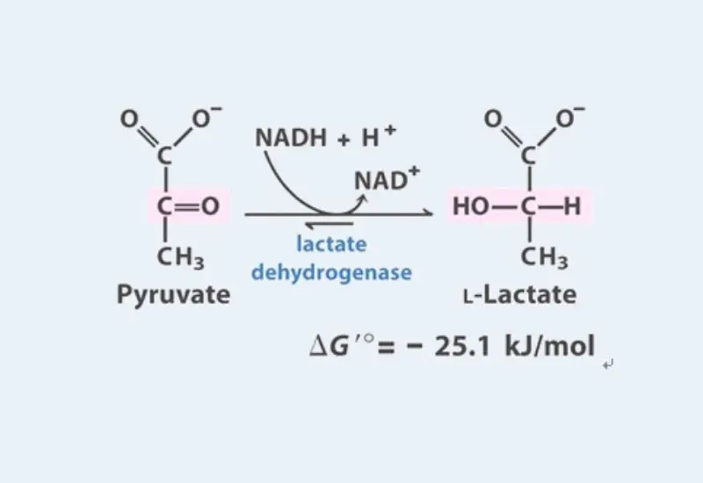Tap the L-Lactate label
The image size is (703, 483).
[x=520, y=295]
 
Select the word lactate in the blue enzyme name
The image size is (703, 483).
[x=331, y=244]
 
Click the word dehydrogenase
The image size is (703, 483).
[x=331, y=272]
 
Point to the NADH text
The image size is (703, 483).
[x=291, y=137]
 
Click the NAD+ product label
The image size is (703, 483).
[x=388, y=179]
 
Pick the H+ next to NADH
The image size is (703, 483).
[x=379, y=136]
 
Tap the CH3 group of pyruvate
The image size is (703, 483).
[x=180, y=258]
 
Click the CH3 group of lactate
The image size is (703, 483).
[x=544, y=258]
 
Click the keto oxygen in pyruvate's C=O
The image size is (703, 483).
[x=210, y=206]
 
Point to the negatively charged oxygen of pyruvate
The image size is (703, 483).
[x=203, y=118]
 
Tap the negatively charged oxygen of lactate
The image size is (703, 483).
[x=567, y=118]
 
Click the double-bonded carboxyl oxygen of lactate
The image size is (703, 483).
[x=494, y=119]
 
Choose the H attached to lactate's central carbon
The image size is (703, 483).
[x=572, y=206]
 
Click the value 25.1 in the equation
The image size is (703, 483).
[x=462, y=346]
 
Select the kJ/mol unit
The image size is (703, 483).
[x=550, y=346]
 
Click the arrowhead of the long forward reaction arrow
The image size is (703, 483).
[x=429, y=213]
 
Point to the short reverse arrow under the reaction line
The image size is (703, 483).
[x=329, y=224]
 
